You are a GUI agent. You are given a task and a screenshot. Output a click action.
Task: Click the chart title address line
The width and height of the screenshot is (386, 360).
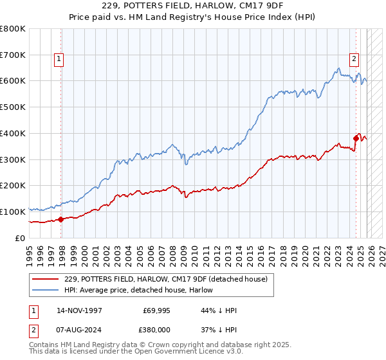tap(193, 6)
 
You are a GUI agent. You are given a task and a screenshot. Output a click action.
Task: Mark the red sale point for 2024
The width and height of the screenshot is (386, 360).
tap(356, 137)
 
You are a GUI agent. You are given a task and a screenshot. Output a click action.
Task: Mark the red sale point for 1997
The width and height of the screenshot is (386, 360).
tap(61, 219)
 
